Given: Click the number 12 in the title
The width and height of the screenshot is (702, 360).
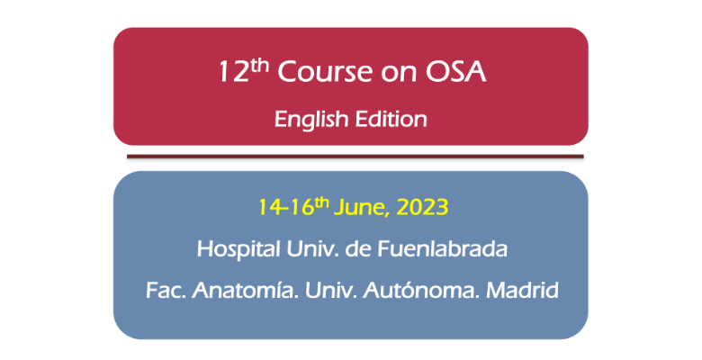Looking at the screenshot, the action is (x=234, y=72).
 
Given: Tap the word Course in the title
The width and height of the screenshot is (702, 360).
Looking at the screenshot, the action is (x=325, y=72).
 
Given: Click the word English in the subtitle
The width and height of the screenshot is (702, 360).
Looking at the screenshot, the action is (x=311, y=120).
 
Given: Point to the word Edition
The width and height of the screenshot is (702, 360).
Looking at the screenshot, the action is (x=391, y=119).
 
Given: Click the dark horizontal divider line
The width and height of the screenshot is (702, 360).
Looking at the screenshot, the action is (x=355, y=157).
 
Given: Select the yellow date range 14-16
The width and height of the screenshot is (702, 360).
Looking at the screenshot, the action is (x=286, y=208).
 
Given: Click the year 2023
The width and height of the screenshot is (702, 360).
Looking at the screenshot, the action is (x=423, y=208).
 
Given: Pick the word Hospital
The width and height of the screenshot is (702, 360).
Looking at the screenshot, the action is (x=238, y=249).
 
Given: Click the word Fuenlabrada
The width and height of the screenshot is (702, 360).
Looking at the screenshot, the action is (x=442, y=249).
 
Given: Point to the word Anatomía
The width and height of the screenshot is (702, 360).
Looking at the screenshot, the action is (x=246, y=290).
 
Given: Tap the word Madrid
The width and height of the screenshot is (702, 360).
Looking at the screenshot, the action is (x=523, y=290).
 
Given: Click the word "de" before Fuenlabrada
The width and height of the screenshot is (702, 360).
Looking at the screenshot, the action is (x=358, y=249).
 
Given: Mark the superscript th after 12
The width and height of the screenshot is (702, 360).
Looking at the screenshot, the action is (x=260, y=67).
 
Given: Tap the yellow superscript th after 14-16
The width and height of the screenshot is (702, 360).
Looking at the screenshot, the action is (x=322, y=203).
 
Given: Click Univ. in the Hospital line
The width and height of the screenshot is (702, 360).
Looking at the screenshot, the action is (x=312, y=249).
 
